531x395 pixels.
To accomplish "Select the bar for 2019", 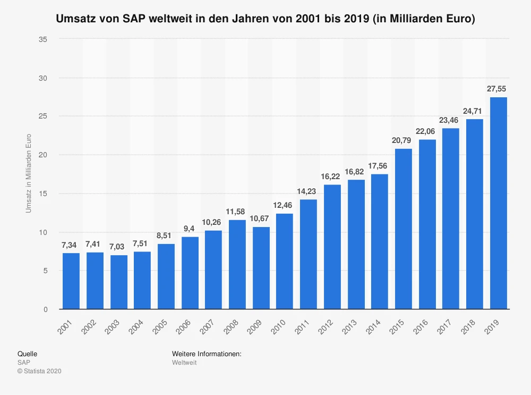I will (498, 203).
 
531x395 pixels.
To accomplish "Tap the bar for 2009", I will (261, 268).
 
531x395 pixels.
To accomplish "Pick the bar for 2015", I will (403, 229).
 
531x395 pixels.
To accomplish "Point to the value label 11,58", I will (237, 212).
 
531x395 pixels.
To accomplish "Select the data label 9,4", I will (190, 229).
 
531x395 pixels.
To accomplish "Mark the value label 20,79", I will (403, 140).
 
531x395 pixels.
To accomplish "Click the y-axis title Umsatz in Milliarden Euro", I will (29, 173).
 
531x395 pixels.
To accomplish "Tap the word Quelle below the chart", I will (27, 354).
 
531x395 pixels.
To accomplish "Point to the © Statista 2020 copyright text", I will (40, 371).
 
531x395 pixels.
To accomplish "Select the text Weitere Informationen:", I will (207, 354).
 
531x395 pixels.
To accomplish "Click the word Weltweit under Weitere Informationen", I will (184, 363).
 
